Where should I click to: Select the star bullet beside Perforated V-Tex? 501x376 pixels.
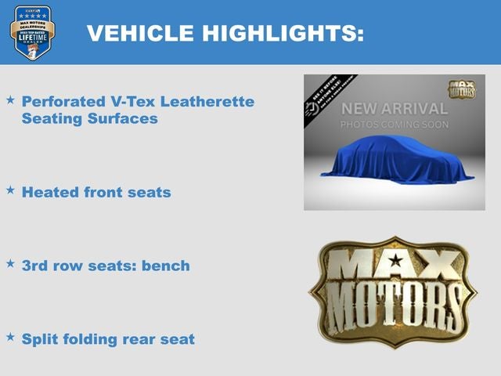(x=10, y=100)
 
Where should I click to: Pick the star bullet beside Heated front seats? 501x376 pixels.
(x=10, y=190)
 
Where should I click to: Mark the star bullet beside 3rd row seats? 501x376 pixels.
(x=10, y=264)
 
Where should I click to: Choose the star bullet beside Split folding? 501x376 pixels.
(x=10, y=337)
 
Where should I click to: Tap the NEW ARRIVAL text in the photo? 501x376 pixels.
(x=395, y=109)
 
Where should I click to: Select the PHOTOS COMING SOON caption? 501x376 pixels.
(x=395, y=125)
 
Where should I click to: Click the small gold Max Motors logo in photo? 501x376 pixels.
(x=462, y=89)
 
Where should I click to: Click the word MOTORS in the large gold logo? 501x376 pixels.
(x=393, y=307)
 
